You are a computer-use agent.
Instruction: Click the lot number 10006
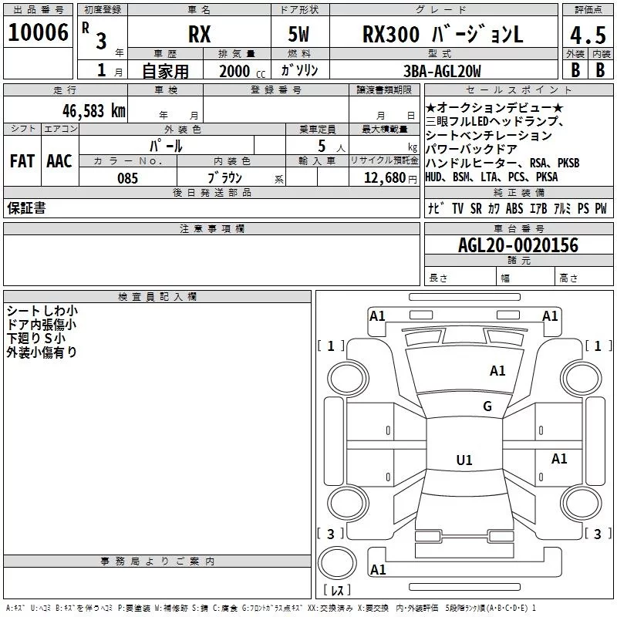[38, 32]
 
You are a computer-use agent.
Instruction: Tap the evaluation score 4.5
[586, 35]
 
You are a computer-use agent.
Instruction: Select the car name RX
[200, 35]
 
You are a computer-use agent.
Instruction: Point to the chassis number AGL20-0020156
[518, 246]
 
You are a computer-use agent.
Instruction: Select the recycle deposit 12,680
[383, 178]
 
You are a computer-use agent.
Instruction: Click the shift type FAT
[22, 161]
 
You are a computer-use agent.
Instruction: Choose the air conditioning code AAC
[59, 161]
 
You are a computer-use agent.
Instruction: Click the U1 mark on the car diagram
[464, 460]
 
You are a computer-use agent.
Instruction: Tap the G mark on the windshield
[487, 406]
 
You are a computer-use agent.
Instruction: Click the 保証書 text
[26, 208]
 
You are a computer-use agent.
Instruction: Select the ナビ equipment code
[434, 208]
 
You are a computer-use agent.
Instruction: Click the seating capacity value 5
[319, 146]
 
